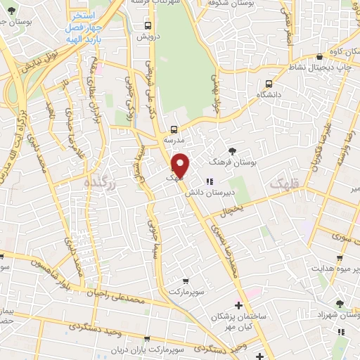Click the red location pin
pyautogui.click(x=181, y=165)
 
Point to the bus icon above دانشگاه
pyautogui.click(x=267, y=82)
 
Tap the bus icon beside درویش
pyautogui.click(x=147, y=25)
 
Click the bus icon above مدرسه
pyautogui.click(x=173, y=129)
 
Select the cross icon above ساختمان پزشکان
pyautogui.click(x=239, y=306)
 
